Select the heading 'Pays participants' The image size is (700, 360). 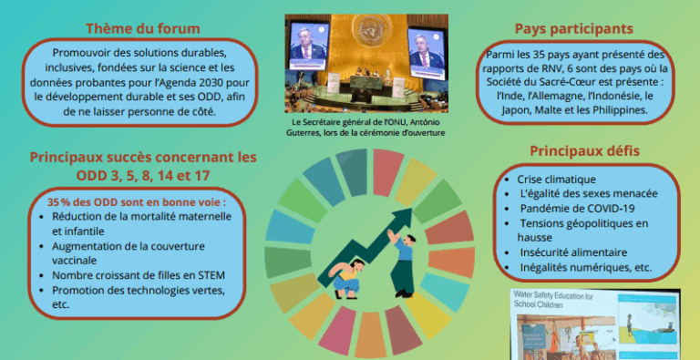(573, 27)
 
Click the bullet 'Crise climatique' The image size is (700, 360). (556, 180)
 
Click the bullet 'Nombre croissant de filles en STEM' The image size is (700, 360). (139, 275)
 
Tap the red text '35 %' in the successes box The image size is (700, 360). (60, 201)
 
